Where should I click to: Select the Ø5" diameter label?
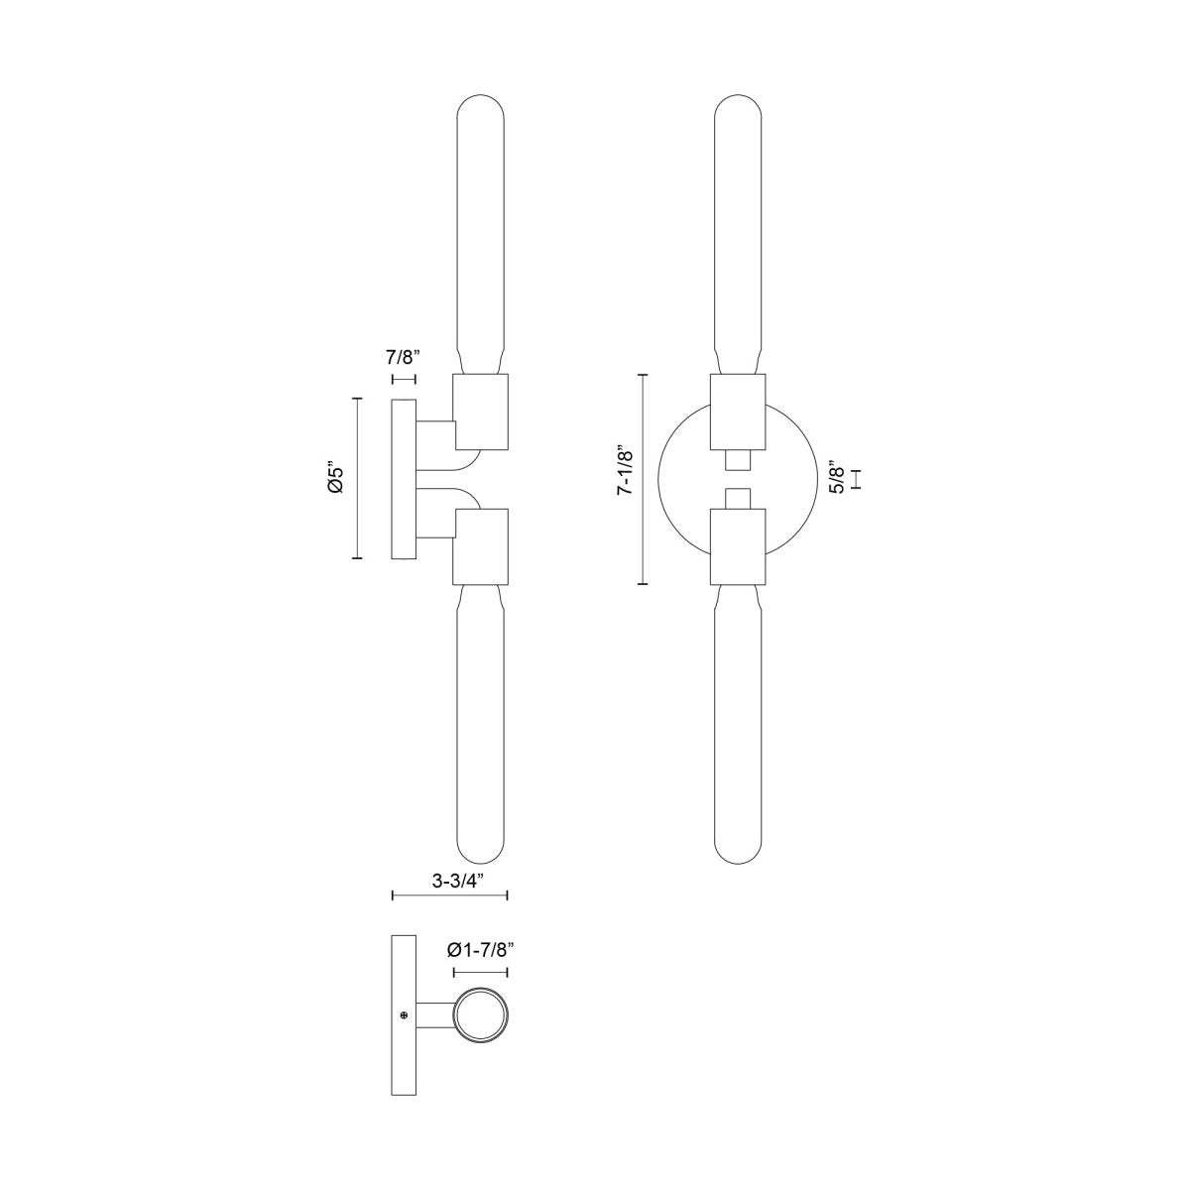point(337,478)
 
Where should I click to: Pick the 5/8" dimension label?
point(838,479)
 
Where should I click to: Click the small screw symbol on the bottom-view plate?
point(404,1014)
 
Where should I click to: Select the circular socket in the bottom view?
point(481,1015)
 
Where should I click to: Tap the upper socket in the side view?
point(481,410)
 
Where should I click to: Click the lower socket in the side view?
point(481,545)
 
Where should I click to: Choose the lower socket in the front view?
point(739,545)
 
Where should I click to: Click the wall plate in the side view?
point(405,479)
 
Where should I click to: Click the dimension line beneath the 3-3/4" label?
point(450,896)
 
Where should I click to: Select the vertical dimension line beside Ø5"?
point(357,478)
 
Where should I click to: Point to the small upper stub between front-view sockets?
point(739,461)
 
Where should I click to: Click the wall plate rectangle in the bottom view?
point(405,1014)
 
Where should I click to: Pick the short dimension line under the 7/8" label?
point(405,380)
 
